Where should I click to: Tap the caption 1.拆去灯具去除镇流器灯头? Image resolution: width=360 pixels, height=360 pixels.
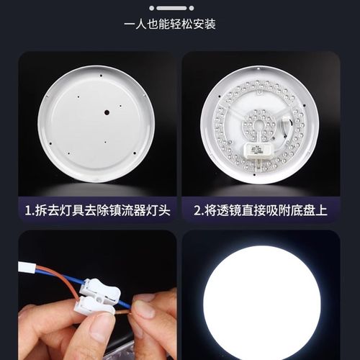click(x=97, y=211)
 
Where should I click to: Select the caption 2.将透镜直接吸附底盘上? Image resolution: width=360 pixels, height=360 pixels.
click(x=260, y=211)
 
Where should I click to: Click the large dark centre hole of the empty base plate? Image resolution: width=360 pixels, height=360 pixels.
click(x=106, y=112)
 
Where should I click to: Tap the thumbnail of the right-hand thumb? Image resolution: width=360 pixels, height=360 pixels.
click(x=146, y=310)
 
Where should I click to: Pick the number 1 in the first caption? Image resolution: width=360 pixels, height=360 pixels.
click(x=27, y=211)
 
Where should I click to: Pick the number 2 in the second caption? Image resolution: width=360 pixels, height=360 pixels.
click(x=197, y=211)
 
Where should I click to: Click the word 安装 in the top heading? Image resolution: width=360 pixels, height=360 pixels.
click(x=203, y=24)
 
